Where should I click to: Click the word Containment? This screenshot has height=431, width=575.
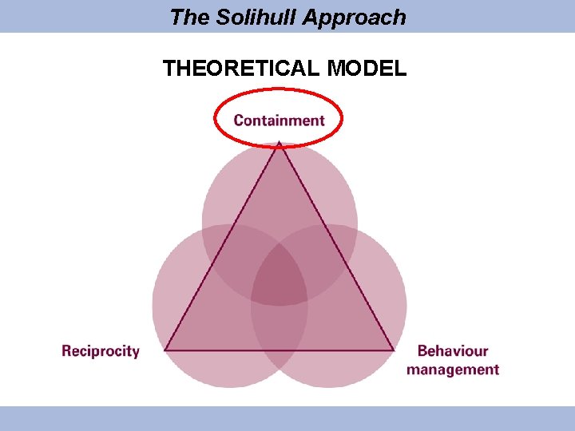click(x=279, y=121)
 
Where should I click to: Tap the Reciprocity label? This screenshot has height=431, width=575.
click(x=101, y=350)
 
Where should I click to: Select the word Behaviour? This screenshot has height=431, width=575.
click(x=453, y=350)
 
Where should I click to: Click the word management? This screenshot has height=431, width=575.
click(x=453, y=370)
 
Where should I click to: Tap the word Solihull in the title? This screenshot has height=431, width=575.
click(x=256, y=17)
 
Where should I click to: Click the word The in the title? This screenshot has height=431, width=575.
click(x=188, y=17)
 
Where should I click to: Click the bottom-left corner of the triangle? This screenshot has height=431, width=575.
click(x=165, y=350)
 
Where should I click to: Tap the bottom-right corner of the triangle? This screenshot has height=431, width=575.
click(x=393, y=350)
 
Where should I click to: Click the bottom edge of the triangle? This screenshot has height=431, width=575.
click(x=279, y=350)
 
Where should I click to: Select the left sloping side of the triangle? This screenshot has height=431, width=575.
click(x=222, y=247)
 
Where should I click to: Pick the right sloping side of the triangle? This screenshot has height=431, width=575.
click(x=335, y=247)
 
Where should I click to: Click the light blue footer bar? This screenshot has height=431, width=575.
click(x=287, y=418)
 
